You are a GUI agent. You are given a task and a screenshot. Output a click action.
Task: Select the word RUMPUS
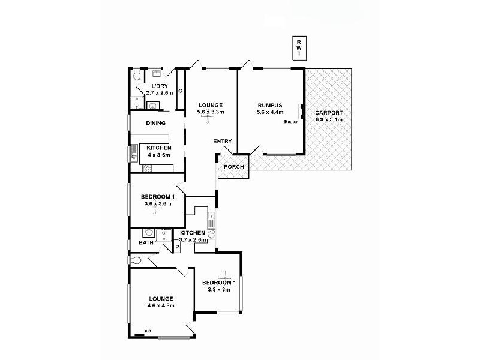pos(269,104)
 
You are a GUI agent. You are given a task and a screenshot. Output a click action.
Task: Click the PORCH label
pos(234,167)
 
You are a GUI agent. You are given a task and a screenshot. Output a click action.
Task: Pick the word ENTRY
pos(222,142)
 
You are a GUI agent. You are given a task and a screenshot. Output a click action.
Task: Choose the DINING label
pos(155,123)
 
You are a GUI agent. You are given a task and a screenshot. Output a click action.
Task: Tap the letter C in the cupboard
pos(180,91)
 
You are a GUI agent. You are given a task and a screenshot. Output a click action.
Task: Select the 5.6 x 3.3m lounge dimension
pos(211,112)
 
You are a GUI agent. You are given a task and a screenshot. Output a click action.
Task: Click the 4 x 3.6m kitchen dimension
pos(159,155)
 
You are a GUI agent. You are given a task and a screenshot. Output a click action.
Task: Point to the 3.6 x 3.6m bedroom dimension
pos(158,204)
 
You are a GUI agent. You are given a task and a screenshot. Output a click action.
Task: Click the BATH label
pos(146,243)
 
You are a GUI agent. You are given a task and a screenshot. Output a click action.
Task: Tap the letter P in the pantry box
pos(177,247)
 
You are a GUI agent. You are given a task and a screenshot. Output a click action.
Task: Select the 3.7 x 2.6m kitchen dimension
pos(192,239)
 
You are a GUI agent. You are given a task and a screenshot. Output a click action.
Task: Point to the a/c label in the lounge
pos(147,330)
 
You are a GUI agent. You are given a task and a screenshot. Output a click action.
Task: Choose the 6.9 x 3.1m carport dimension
pos(329,119)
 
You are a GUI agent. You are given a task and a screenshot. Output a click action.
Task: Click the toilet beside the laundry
pos(136,77)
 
